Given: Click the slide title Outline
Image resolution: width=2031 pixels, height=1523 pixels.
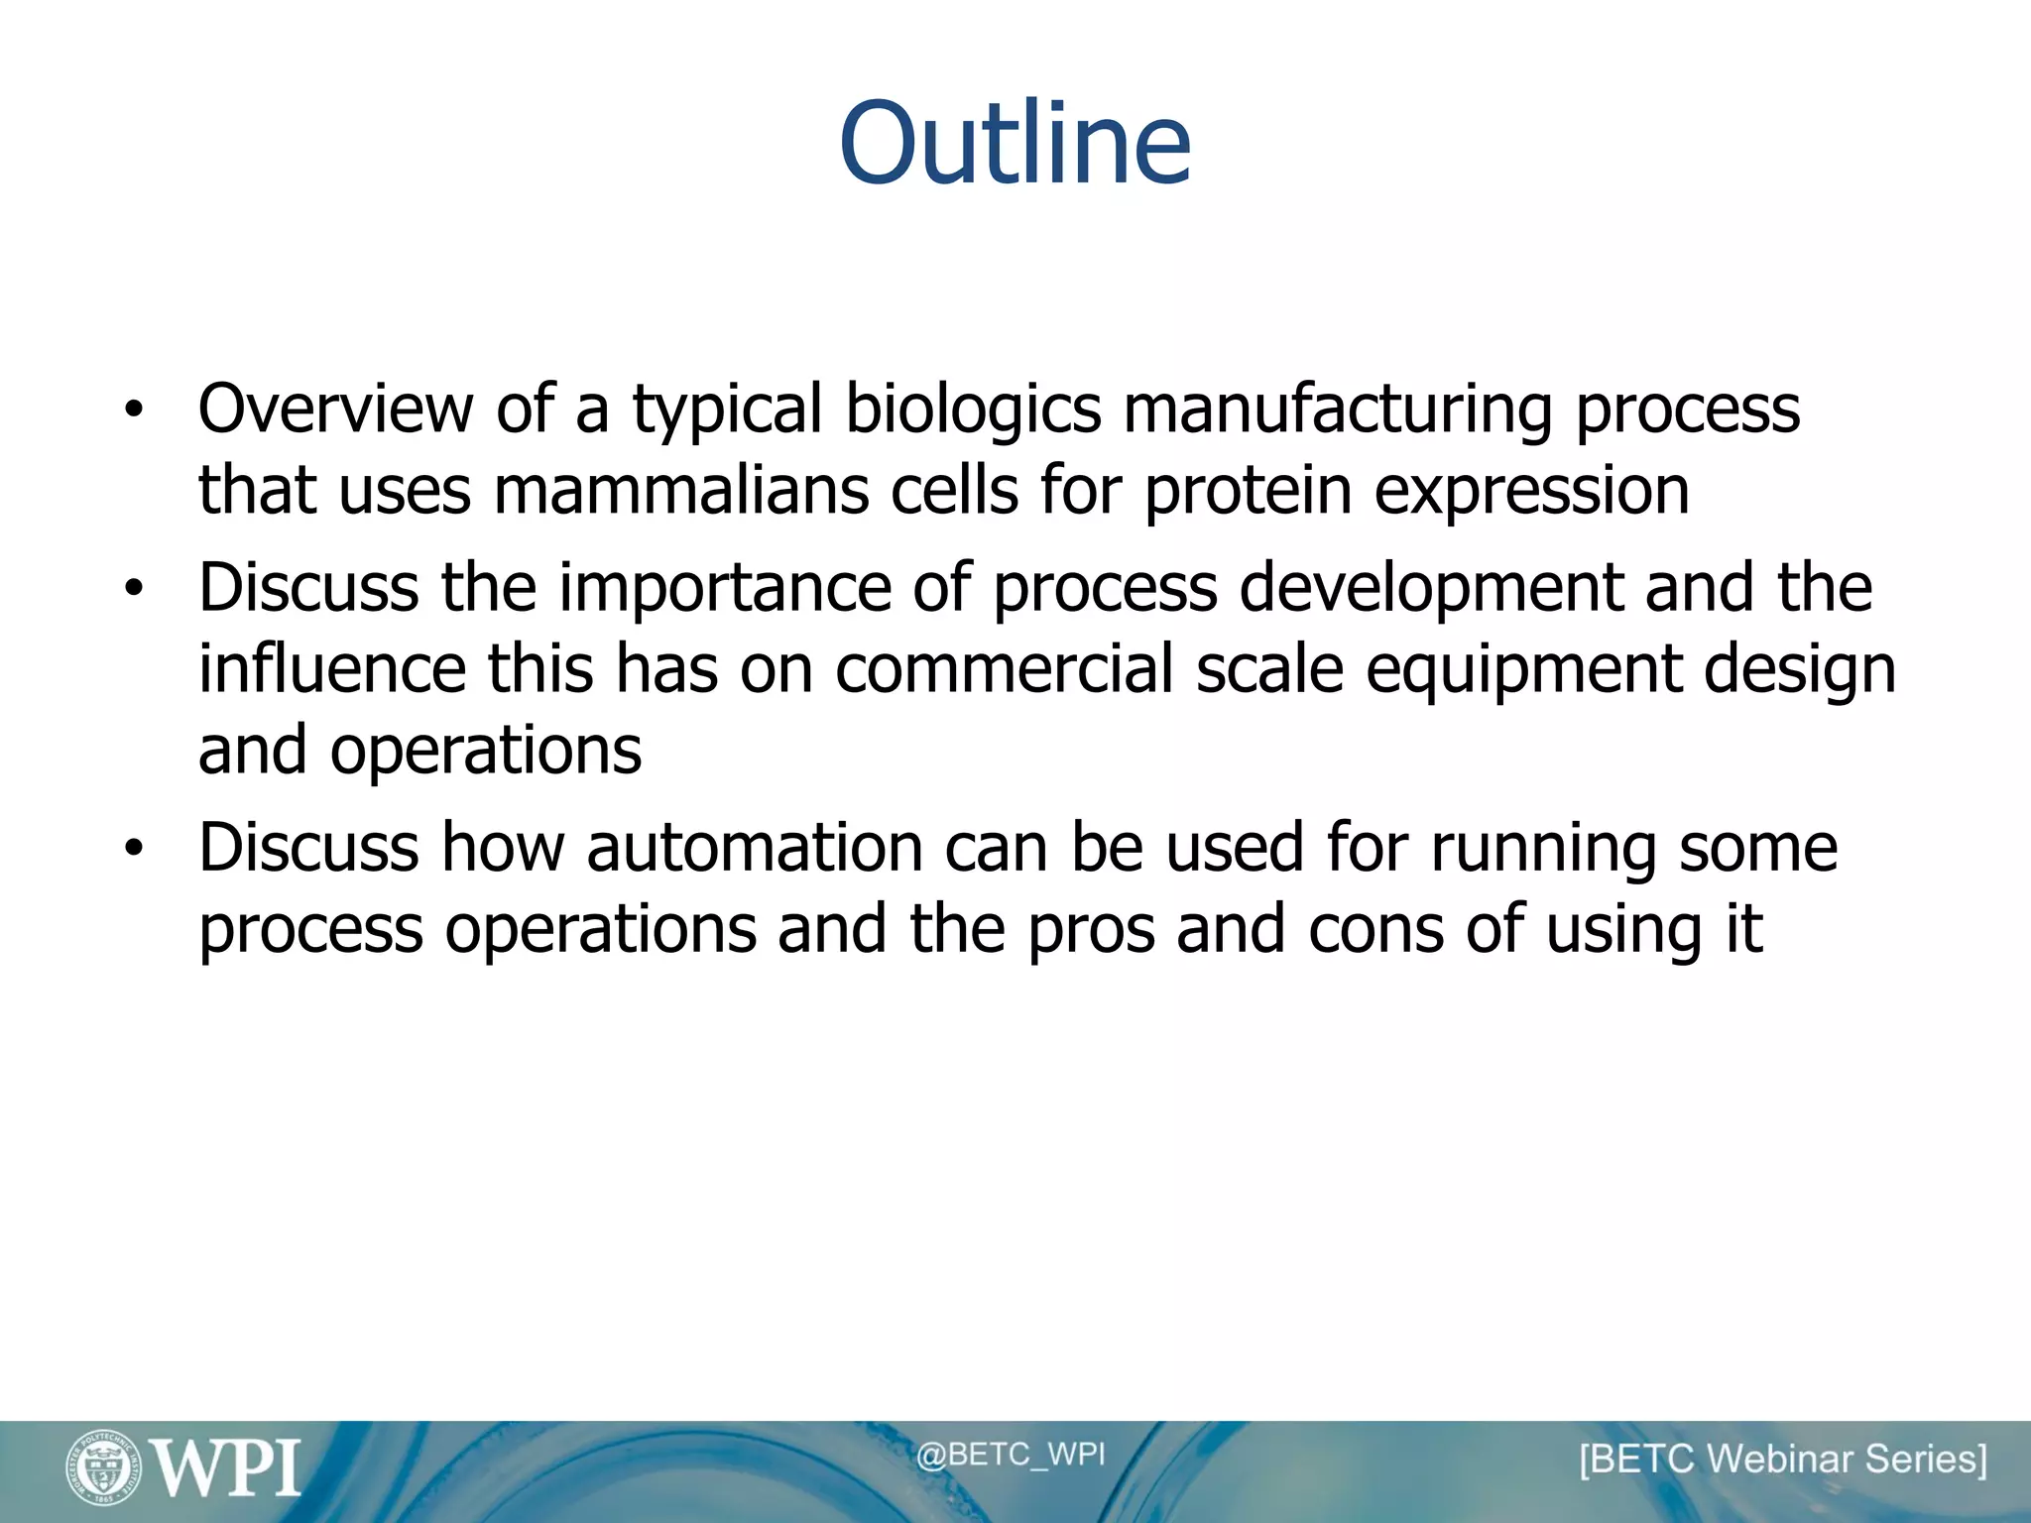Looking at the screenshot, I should click(x=1015, y=144).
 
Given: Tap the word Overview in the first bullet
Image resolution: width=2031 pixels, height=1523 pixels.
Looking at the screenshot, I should click(x=335, y=409).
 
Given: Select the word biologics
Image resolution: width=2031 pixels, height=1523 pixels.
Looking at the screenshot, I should click(x=973, y=410).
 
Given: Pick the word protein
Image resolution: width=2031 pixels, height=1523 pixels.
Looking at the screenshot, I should click(x=1247, y=493).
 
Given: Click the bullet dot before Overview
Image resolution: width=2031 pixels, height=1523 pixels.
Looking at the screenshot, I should click(x=135, y=410).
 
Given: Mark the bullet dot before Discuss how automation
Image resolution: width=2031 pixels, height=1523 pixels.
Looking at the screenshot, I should click(x=135, y=849).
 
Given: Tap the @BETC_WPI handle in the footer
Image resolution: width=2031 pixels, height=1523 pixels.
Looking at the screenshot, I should click(x=1010, y=1455).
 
